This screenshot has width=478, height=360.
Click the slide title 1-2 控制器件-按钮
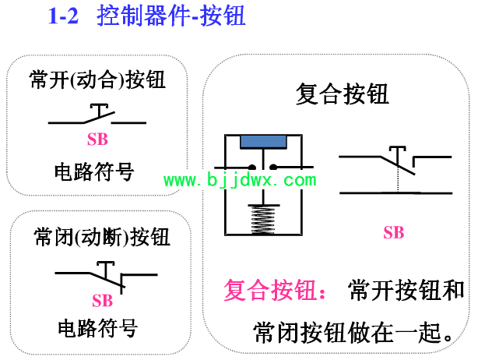pos(146,16)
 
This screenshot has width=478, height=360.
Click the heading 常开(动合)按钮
pos(97,79)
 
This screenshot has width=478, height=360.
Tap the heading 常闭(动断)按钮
pos(102,237)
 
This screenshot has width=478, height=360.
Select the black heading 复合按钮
pos(342,94)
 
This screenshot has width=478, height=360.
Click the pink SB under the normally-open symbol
pos(97,139)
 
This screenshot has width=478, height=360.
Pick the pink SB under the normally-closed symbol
pos(103,301)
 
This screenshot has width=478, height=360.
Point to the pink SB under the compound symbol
pos(394,232)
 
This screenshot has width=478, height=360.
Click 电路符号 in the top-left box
pos(94,171)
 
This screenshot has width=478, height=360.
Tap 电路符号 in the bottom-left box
pos(98,328)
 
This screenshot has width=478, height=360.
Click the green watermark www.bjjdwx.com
pos(240,180)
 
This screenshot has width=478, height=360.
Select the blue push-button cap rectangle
pos(263,142)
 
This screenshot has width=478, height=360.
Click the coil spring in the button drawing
pos(263,219)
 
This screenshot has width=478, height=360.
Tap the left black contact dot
pos(252,168)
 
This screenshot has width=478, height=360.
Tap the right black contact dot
pos(273,168)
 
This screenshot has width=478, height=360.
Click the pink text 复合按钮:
pos(275,290)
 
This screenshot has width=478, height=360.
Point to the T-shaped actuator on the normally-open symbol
pos(100,111)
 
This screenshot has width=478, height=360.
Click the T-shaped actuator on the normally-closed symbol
pos(105,270)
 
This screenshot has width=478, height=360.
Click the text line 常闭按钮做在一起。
pos(353,333)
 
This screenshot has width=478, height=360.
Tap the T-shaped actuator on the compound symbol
pos(398,156)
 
